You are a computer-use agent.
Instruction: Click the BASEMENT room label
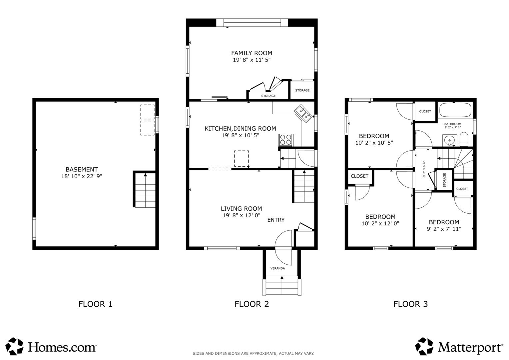tap(82, 169)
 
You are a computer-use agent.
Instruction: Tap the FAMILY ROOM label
tap(252, 53)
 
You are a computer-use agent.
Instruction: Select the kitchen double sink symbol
tap(303, 113)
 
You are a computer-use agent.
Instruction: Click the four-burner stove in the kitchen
tap(285, 140)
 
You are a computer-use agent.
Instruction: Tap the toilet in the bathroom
tap(464, 139)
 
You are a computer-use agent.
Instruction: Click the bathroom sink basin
tap(449, 140)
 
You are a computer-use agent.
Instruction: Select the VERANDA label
tap(277, 268)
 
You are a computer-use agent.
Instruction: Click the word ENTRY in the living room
tap(276, 220)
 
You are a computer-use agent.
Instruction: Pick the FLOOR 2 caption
tap(252, 304)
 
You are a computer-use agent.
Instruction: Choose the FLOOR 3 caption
tap(410, 304)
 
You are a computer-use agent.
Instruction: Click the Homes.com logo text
tap(62, 347)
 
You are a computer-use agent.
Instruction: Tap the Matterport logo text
tap(470, 347)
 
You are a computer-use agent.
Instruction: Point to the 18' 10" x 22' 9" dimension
tap(82, 176)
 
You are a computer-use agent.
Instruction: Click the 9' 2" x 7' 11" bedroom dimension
tap(444, 229)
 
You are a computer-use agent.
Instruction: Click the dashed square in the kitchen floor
tap(242, 159)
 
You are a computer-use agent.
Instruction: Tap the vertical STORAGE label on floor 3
tap(444, 180)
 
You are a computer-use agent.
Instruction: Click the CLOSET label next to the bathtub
tap(425, 111)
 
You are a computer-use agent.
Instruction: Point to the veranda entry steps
tap(282, 285)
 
